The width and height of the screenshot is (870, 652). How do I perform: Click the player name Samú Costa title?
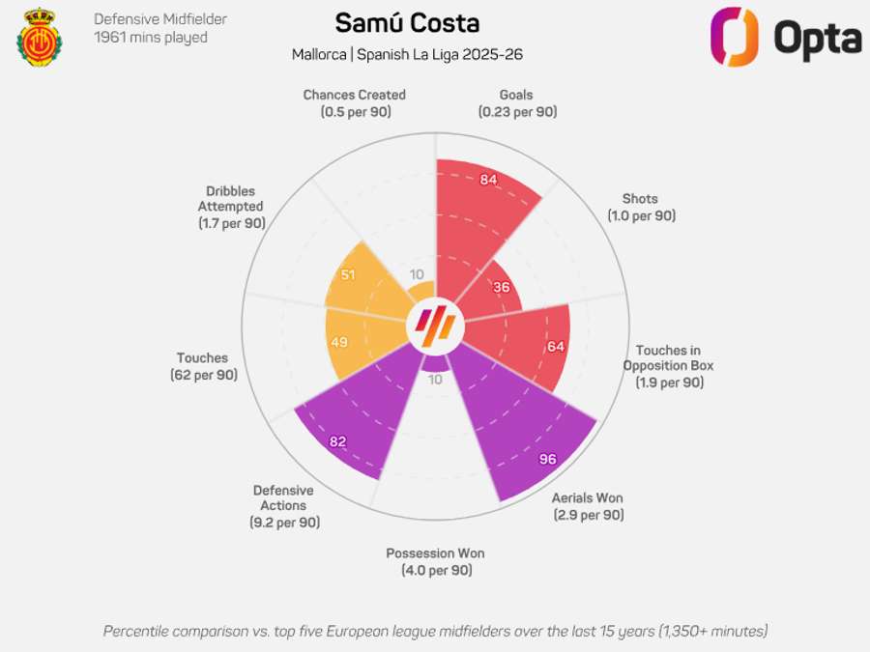(x=406, y=23)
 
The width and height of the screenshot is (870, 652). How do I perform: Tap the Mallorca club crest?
(x=39, y=39)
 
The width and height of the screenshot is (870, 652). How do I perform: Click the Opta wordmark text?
(x=817, y=38)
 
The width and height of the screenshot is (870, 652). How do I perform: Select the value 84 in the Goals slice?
(x=488, y=180)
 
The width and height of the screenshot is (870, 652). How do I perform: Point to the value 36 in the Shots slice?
(x=501, y=287)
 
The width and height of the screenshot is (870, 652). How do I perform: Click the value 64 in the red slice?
(x=555, y=347)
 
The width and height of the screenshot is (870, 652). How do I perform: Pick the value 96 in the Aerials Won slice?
(x=547, y=459)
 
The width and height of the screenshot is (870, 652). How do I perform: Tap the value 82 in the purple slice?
(x=337, y=441)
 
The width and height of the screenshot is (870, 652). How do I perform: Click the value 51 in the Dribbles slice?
(x=348, y=275)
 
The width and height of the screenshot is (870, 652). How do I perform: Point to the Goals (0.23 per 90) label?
(x=516, y=103)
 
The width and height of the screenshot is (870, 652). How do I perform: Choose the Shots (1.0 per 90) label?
(x=641, y=208)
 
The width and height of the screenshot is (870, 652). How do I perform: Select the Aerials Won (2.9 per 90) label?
(x=588, y=507)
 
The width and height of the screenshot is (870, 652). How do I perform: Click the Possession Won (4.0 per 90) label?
(x=435, y=562)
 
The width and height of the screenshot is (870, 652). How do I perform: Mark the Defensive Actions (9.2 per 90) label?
(x=283, y=506)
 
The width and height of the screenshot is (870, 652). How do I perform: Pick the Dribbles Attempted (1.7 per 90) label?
(x=231, y=207)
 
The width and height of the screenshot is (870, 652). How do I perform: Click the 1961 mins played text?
(x=150, y=38)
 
